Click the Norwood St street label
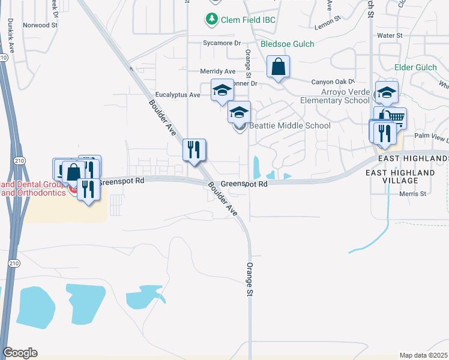coord(40,25)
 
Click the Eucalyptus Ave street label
coord(178,95)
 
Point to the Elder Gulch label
coord(416,67)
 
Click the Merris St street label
coord(413,194)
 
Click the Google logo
coord(20,353)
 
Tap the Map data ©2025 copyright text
coord(423,355)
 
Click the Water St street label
coord(390,36)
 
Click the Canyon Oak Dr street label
coord(333,82)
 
